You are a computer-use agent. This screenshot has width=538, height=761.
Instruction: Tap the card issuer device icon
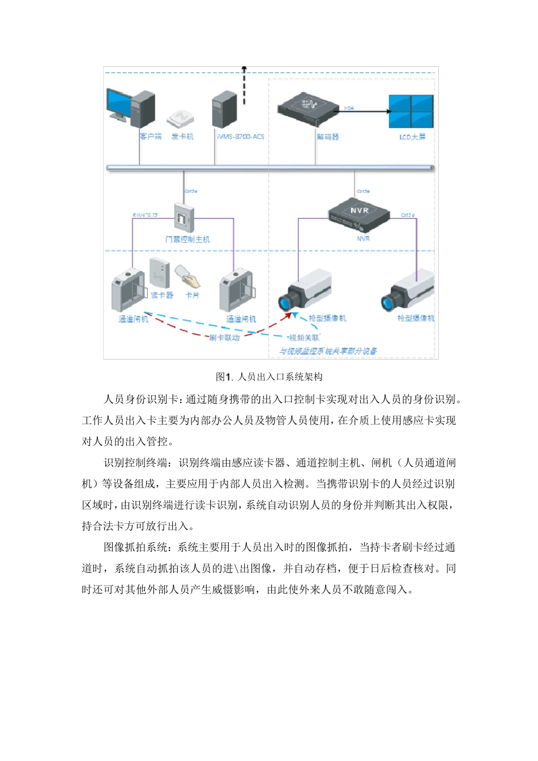[x=180, y=118]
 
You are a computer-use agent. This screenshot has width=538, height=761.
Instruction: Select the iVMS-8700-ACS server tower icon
[x=224, y=109]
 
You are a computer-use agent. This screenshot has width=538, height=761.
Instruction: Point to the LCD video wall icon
[x=411, y=110]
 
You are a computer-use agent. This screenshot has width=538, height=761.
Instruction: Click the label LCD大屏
[x=412, y=137]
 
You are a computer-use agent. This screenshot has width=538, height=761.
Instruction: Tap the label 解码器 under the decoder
[x=327, y=137]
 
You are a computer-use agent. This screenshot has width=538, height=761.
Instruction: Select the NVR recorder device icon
[x=359, y=215]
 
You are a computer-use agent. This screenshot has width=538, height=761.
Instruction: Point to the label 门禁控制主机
[x=187, y=240]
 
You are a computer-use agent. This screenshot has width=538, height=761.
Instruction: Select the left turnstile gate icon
[x=129, y=291]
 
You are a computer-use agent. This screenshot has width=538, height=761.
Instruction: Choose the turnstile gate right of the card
[x=237, y=291]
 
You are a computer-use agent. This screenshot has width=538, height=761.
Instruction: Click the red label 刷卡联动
[x=224, y=338]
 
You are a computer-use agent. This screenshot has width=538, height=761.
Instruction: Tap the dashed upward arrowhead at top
[x=245, y=69]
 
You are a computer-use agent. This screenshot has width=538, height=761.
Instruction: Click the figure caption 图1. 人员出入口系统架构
[x=269, y=377]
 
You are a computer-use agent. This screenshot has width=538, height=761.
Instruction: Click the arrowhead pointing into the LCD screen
[x=389, y=111]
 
